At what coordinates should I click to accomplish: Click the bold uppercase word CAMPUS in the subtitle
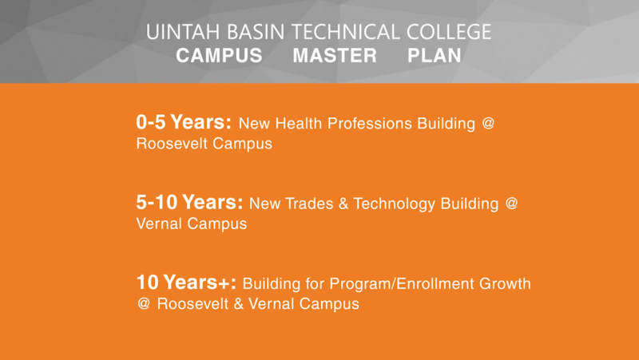(x=219, y=57)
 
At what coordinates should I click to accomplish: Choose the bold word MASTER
(x=335, y=57)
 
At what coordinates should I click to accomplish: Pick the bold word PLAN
(x=434, y=57)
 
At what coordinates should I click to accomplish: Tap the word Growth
(x=507, y=284)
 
